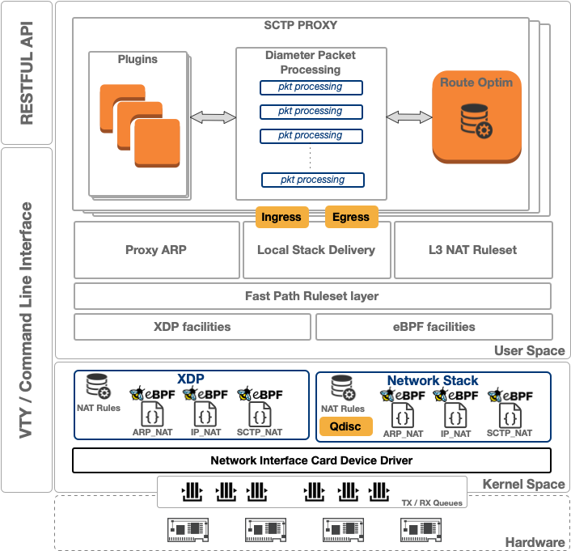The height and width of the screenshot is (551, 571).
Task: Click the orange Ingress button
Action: pyautogui.click(x=281, y=217)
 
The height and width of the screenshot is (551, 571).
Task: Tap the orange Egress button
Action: pyautogui.click(x=351, y=217)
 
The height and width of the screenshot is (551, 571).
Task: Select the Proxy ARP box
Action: pyautogui.click(x=156, y=250)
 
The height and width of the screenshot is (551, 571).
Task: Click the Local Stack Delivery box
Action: pyautogui.click(x=316, y=250)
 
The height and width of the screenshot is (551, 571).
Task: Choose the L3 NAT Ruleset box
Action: pyautogui.click(x=472, y=250)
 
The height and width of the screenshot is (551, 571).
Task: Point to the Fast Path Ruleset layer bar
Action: pyautogui.click(x=312, y=296)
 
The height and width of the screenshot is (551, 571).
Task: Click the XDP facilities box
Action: pyautogui.click(x=192, y=327)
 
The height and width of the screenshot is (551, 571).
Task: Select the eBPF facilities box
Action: pyautogui.click(x=434, y=327)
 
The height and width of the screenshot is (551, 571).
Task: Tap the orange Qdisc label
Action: pyautogui.click(x=346, y=426)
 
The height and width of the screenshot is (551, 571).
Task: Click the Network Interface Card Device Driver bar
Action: pyautogui.click(x=312, y=460)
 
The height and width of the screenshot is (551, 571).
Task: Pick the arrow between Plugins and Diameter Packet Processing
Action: pyautogui.click(x=214, y=118)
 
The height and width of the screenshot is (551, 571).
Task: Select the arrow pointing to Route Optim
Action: pyautogui.click(x=409, y=118)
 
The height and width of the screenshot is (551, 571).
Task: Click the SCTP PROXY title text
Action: pyautogui.click(x=301, y=26)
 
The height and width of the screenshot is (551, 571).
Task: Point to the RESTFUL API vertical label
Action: pyautogui.click(x=27, y=73)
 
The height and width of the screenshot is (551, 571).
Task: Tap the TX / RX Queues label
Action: pyautogui.click(x=432, y=502)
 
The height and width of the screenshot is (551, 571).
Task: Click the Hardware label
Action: pyautogui.click(x=535, y=542)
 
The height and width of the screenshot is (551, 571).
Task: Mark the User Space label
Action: pyautogui.click(x=529, y=351)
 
